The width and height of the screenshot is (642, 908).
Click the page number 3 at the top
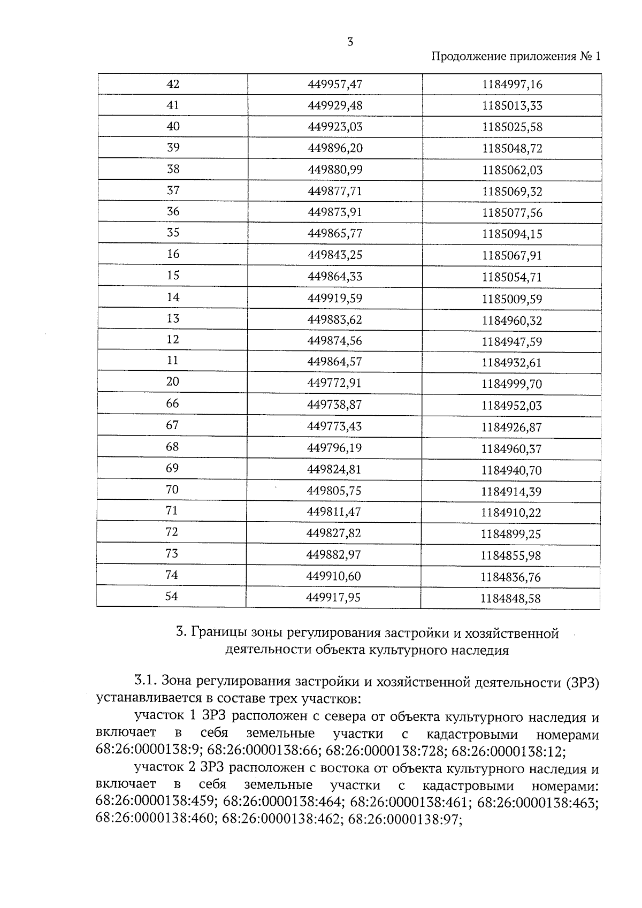[350, 42]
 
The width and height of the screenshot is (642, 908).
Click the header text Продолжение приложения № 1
[516, 57]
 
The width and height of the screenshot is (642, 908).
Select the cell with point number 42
[173, 84]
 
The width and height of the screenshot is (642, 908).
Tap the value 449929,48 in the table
[335, 105]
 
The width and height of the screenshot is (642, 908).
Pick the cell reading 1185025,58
[511, 127]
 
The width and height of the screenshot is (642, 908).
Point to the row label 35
[173, 233]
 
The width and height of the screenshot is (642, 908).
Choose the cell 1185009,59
[511, 299]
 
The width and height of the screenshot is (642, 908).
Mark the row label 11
[172, 361]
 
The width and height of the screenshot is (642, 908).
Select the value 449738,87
[334, 405]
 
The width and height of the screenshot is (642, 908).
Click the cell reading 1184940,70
[511, 471]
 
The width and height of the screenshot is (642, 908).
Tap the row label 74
[172, 575]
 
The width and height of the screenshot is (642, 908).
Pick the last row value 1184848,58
[510, 599]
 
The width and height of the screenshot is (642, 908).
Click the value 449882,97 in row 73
[333, 555]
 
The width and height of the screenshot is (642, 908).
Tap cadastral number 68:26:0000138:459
[156, 802]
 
